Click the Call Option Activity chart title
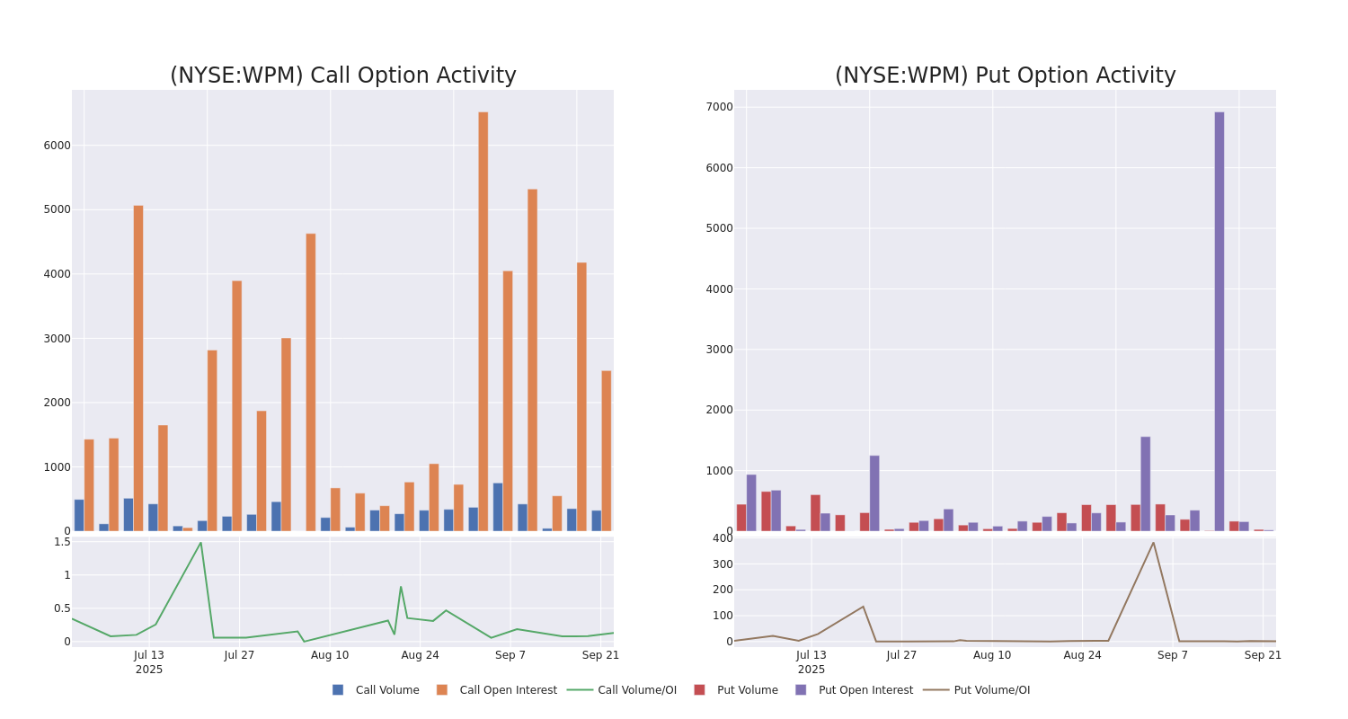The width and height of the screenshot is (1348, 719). [x=342, y=76]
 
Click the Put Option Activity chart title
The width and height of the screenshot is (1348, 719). [x=1005, y=76]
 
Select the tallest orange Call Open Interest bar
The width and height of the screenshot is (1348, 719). [x=483, y=321]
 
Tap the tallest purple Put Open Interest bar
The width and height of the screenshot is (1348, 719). [x=1219, y=321]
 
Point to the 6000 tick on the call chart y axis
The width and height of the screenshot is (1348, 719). [x=57, y=146]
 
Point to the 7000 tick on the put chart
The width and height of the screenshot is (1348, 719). [x=719, y=107]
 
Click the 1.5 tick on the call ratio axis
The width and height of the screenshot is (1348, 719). [x=61, y=542]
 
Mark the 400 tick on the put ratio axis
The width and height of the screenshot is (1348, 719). [x=723, y=538]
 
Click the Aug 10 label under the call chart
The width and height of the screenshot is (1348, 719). [x=330, y=655]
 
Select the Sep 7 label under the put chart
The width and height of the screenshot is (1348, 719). [x=1172, y=655]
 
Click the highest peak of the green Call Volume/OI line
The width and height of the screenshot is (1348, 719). [x=200, y=543]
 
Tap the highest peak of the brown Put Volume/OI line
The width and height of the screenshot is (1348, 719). [x=1153, y=543]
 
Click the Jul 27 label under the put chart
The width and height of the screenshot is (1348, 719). [x=901, y=655]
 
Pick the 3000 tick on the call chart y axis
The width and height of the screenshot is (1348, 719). [x=57, y=339]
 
